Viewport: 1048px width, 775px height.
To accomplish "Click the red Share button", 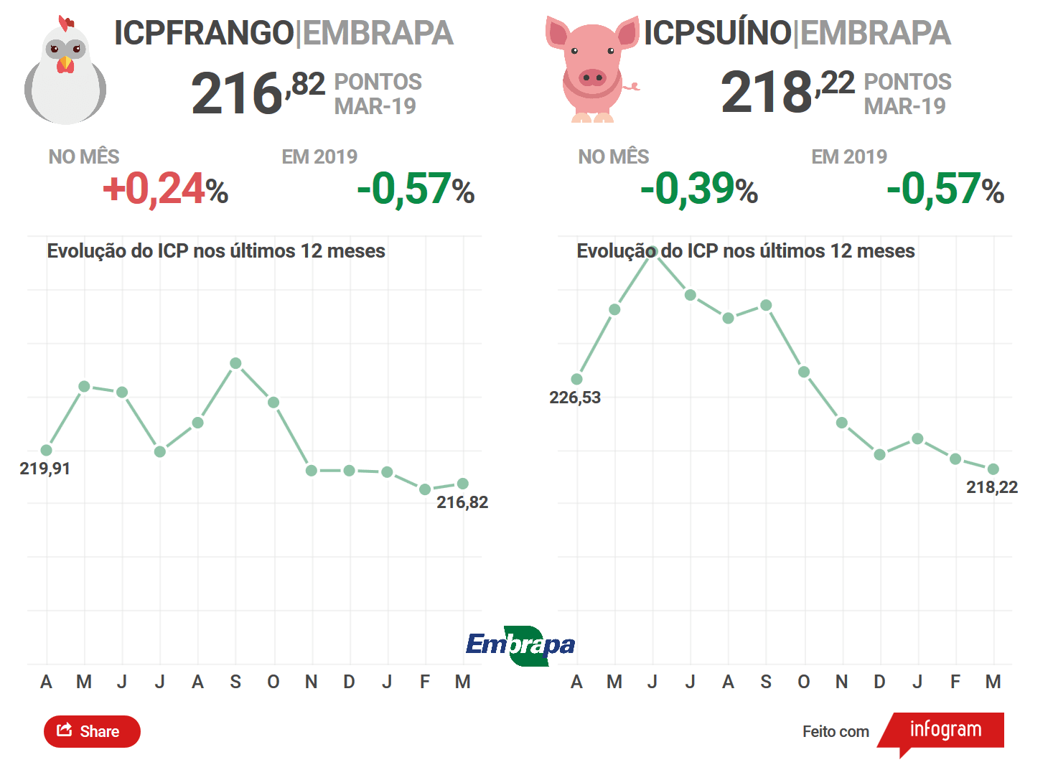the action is [x=92, y=731].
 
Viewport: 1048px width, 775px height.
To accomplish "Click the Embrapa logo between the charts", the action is [x=520, y=646].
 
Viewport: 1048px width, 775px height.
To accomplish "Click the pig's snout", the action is [x=592, y=77].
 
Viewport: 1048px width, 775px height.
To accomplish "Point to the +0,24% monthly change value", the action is [x=165, y=189].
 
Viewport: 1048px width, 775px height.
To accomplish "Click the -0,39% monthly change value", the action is [x=699, y=189].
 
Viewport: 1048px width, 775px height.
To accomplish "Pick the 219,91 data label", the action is [x=45, y=469].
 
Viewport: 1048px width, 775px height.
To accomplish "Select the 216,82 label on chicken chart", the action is [x=462, y=502].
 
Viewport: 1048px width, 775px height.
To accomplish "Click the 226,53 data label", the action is [x=574, y=398].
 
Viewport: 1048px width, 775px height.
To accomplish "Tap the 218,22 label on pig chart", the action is [x=992, y=487].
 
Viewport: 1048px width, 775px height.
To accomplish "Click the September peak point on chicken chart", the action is [x=235, y=363].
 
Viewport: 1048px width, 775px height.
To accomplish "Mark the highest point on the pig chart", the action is [x=652, y=251].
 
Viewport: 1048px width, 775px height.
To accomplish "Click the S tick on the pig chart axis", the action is [x=766, y=682].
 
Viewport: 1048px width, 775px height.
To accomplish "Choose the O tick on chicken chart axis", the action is [x=273, y=682].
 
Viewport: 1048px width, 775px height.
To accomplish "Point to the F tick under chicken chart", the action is [x=425, y=682].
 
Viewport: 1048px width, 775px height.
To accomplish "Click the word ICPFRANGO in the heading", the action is [x=204, y=33].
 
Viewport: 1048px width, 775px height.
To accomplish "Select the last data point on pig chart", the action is [x=993, y=469].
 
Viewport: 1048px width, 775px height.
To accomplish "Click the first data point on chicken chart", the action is [x=47, y=450].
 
